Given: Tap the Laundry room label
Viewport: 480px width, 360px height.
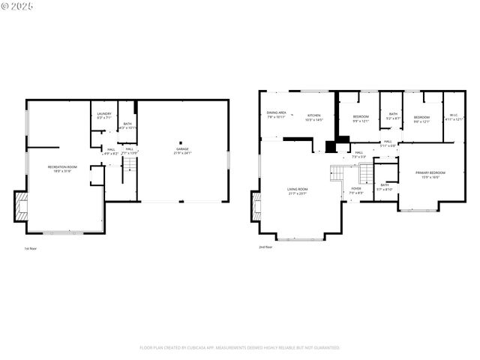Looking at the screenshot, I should click(x=103, y=115).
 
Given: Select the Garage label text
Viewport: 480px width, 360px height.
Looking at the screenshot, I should click(x=183, y=151).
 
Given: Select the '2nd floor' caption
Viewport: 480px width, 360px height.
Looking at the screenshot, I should click(x=265, y=246).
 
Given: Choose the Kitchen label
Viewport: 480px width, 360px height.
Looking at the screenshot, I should click(x=313, y=117).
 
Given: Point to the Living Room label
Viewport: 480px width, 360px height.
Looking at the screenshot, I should click(x=297, y=190).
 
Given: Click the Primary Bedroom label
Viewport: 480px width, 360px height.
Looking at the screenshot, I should click(x=427, y=175).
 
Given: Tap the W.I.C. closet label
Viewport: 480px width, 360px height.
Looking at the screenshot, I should click(x=454, y=117).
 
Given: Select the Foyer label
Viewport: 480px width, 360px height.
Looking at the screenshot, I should click(x=355, y=190).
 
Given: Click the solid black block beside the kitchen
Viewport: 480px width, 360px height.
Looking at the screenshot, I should click(x=331, y=147).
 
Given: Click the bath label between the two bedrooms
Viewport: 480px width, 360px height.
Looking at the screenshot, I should click(x=392, y=116).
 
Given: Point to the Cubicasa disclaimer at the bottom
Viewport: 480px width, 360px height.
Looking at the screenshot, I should click(x=240, y=347).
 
